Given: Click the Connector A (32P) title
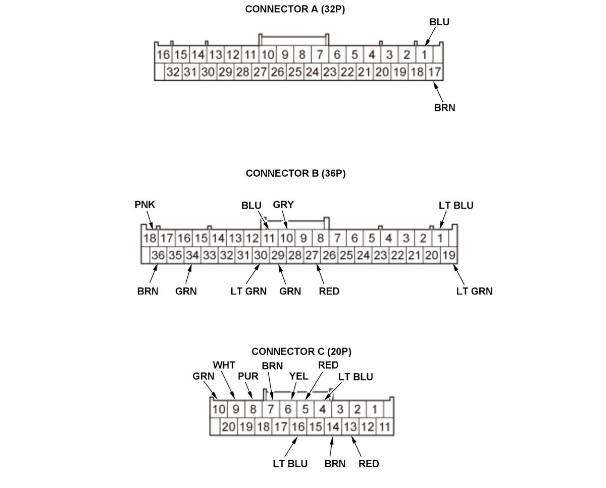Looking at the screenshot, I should tap(295, 9).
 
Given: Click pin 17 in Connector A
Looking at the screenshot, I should tap(434, 72).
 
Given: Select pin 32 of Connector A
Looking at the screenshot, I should tap(173, 72).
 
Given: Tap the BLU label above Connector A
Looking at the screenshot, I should tap(439, 22).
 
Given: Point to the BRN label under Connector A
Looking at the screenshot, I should tap(444, 108).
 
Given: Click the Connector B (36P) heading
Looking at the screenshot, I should tap(295, 173).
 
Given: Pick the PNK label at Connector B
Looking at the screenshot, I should tap(145, 205).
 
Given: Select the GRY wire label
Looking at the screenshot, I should tap(283, 205).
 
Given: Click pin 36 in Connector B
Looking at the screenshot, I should tap(158, 255).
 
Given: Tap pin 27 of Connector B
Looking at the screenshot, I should tap(312, 255).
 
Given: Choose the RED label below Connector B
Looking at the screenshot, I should tap(329, 291).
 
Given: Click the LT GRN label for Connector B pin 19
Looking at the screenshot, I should tap(474, 291).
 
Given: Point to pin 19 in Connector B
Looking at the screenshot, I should tap(448, 255).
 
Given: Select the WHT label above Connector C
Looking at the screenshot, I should tap(224, 365).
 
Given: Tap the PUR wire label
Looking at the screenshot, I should tap(248, 376).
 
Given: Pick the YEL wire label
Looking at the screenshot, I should tap(298, 376).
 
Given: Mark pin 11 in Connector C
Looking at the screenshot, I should tap(384, 427).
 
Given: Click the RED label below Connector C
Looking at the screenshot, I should tap(369, 464).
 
